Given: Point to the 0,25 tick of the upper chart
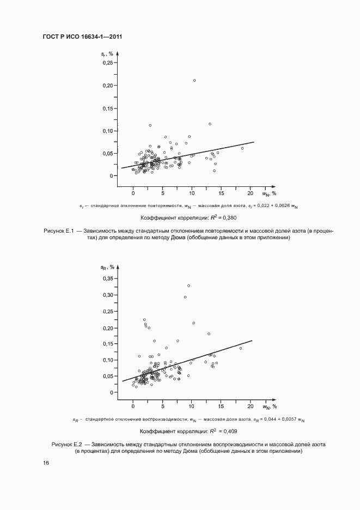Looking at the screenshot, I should [x=107, y=63].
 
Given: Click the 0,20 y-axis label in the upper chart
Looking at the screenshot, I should [x=107, y=86].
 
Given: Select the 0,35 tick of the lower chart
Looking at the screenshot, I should [x=107, y=278].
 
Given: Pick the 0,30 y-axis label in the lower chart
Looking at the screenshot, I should [x=107, y=295].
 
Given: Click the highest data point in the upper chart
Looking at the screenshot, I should [x=194, y=81].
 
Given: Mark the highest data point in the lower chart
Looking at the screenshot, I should [x=188, y=286].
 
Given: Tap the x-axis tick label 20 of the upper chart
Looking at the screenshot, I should [x=251, y=193].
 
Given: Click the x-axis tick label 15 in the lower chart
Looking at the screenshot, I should [x=222, y=406].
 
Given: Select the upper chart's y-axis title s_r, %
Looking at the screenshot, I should [x=107, y=53].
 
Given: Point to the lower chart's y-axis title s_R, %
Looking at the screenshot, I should [x=107, y=267].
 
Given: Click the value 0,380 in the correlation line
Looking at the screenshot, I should [x=229, y=217].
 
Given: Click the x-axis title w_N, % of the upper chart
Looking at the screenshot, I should [x=270, y=193].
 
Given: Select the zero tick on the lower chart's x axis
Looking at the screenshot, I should [x=133, y=406].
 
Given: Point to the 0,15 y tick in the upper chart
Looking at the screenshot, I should [x=107, y=108].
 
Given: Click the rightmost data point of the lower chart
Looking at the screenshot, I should [x=241, y=348].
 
